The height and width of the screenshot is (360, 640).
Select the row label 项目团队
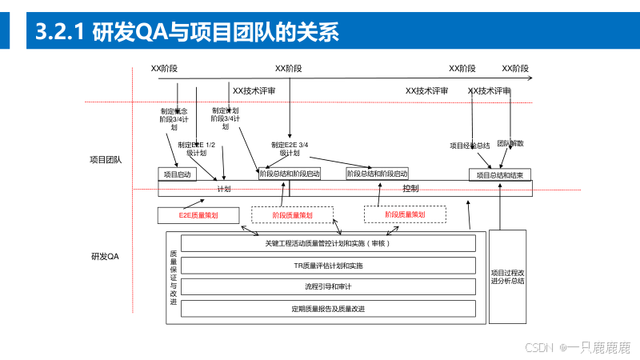pyautogui.click(x=106, y=160)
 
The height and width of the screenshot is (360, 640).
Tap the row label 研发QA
pyautogui.click(x=105, y=257)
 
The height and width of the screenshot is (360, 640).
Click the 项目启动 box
pyautogui.click(x=177, y=174)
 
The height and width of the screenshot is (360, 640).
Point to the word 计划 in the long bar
pyautogui.click(x=224, y=190)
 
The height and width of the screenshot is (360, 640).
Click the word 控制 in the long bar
pyautogui.click(x=410, y=189)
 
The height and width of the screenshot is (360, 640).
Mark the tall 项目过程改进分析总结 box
pyautogui.click(x=507, y=276)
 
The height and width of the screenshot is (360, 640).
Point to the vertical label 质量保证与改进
pyautogui.click(x=174, y=276)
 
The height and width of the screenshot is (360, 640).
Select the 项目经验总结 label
pyautogui.click(x=470, y=146)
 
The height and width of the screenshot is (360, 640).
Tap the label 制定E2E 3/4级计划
pyautogui.click(x=289, y=149)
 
